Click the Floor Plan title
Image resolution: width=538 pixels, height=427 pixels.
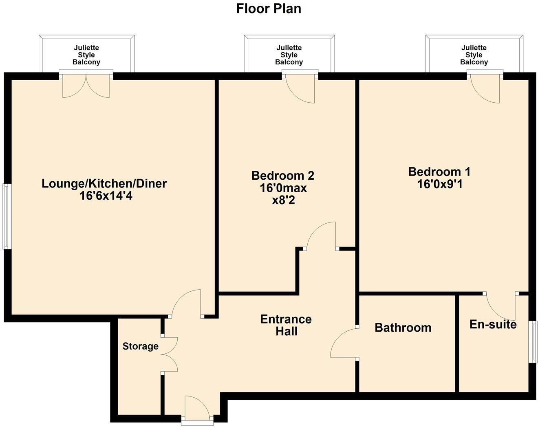point(269,9)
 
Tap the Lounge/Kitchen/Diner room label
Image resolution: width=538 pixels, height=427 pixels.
point(104,183)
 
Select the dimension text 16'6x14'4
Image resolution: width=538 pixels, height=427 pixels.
point(106,196)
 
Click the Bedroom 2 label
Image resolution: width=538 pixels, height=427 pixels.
point(283,176)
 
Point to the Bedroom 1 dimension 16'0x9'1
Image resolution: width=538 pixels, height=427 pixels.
point(439,185)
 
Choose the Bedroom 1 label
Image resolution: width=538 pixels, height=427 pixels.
point(439,172)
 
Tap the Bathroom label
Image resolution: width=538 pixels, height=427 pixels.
point(403,328)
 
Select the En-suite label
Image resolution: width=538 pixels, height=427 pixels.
point(493,324)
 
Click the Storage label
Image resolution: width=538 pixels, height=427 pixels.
point(140,346)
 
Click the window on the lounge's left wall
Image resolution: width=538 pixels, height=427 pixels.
point(6,216)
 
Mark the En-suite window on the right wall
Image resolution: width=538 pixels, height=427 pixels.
point(532,342)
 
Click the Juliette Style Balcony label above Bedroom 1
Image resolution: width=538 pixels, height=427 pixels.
point(474,55)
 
